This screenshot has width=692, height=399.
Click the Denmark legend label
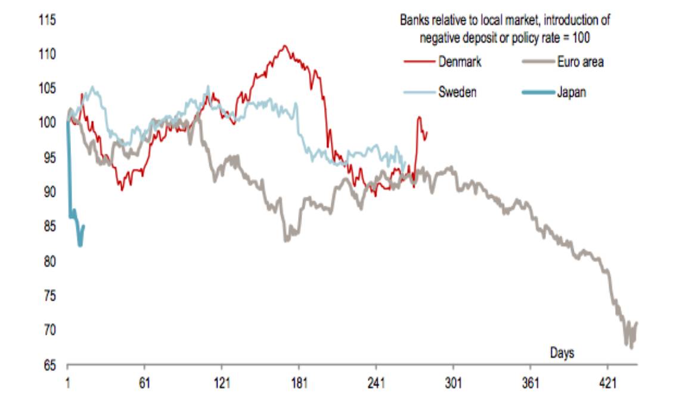(x=460, y=61)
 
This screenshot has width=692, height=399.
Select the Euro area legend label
(x=580, y=61)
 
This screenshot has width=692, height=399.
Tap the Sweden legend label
(x=457, y=92)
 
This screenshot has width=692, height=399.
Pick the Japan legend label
(x=572, y=92)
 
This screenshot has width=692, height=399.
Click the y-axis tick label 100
(x=47, y=123)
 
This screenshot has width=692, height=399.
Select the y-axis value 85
(x=48, y=227)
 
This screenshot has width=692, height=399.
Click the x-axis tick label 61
(x=144, y=382)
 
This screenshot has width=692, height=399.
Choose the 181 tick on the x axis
(x=299, y=382)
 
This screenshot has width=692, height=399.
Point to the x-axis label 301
(x=454, y=382)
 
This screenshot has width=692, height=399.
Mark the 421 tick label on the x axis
(x=608, y=382)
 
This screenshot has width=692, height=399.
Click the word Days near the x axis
(x=561, y=353)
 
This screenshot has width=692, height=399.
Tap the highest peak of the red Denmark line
(x=286, y=45)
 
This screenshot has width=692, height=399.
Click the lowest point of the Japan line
(x=80, y=245)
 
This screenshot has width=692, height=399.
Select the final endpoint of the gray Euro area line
(x=637, y=323)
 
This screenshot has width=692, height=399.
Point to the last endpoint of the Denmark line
(x=427, y=132)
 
